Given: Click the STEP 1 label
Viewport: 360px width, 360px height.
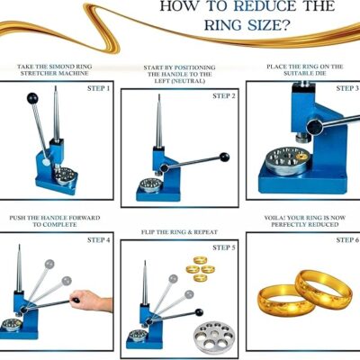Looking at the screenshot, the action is (x=98, y=88).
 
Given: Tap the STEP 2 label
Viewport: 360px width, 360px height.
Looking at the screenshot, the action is (x=224, y=96).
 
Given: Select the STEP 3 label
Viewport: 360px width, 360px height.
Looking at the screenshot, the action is (x=347, y=88).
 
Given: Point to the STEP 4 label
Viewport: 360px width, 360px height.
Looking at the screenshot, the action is (x=98, y=240).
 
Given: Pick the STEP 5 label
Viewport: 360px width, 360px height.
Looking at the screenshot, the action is (x=224, y=247).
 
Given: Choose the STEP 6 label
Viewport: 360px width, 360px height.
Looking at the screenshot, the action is (x=347, y=240).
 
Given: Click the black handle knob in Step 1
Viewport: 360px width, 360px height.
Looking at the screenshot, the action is (x=32, y=98).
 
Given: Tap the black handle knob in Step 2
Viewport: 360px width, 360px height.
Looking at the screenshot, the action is (x=225, y=157).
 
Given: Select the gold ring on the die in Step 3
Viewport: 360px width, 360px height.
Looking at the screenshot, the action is (x=301, y=157).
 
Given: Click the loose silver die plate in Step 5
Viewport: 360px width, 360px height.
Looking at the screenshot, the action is (x=213, y=335).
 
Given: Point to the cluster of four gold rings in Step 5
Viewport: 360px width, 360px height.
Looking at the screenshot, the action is (x=200, y=269).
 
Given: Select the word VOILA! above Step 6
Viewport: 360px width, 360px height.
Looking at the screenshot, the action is (x=274, y=218).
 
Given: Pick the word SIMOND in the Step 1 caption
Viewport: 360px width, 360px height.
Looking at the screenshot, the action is (x=59, y=67).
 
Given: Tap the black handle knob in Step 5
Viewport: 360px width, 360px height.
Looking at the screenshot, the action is (x=199, y=312).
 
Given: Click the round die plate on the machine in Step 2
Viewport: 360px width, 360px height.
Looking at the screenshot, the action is (x=150, y=184).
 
